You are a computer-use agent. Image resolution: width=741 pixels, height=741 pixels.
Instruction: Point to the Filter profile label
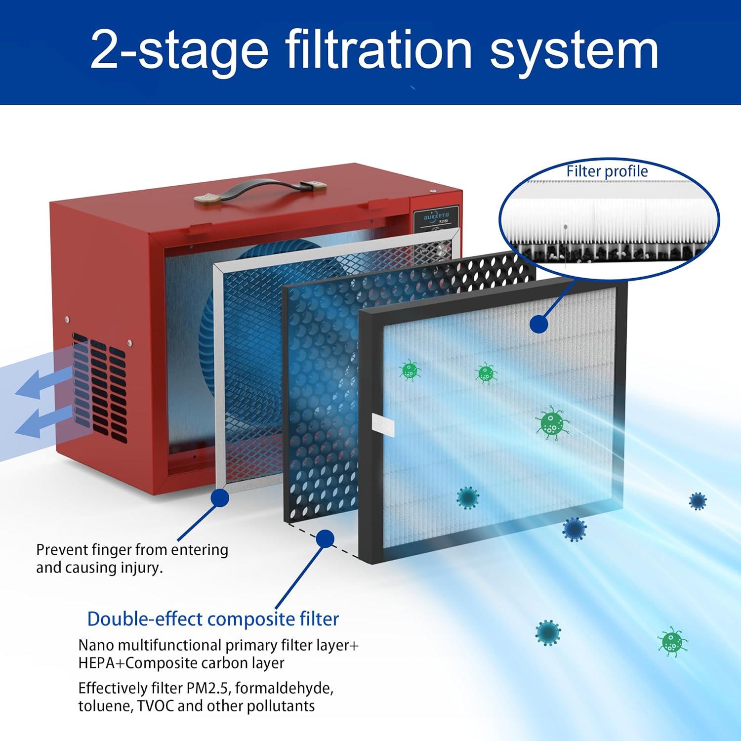607,171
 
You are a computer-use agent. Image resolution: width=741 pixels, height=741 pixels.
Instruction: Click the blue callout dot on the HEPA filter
539,324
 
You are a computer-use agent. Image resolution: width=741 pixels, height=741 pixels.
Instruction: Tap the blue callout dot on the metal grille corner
219,498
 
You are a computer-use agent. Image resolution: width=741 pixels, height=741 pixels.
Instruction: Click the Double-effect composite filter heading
213,619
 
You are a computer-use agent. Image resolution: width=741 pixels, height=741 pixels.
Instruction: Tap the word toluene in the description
101,706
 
